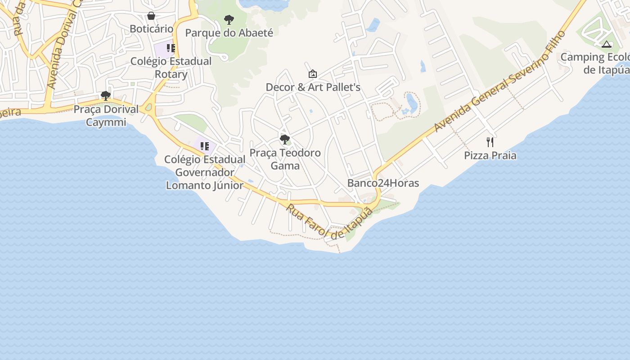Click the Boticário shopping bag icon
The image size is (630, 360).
[x=151, y=16]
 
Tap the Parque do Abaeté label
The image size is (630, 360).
[x=229, y=33]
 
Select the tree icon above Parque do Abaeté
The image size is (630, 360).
[x=229, y=20]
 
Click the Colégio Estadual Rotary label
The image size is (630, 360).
[x=171, y=67]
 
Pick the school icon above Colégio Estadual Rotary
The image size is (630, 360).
[x=171, y=48]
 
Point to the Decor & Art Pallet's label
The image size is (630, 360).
[x=313, y=87]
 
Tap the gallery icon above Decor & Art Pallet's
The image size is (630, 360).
[x=313, y=74]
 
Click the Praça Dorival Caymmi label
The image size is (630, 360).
[x=106, y=116]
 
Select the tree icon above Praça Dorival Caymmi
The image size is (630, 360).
[x=106, y=96]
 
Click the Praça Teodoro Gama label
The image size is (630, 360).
[x=285, y=159]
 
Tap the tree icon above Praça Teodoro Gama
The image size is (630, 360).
[x=285, y=139]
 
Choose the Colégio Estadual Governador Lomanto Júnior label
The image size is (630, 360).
[x=205, y=172]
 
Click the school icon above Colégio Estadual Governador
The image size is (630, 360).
[x=205, y=146]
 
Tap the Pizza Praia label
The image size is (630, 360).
[x=490, y=156]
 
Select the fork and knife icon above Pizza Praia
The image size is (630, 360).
[x=490, y=142]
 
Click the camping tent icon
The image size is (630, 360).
[x=607, y=44]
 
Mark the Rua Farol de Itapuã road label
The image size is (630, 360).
[x=330, y=222]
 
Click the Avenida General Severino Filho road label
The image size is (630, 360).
[x=499, y=81]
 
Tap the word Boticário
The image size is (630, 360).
[x=151, y=29]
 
